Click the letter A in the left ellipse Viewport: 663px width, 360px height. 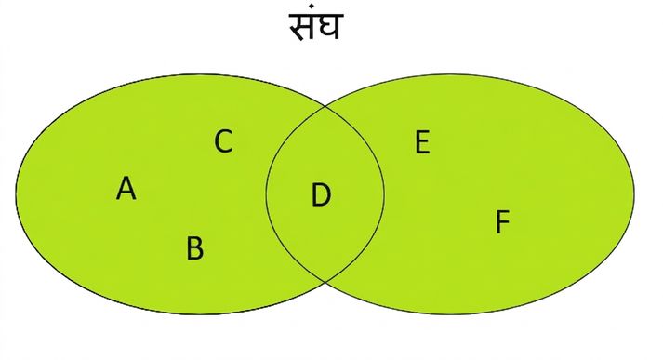[x=126, y=188]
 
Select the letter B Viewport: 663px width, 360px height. [x=195, y=247]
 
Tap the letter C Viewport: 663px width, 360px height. [x=223, y=141]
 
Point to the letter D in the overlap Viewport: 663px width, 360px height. [x=321, y=195]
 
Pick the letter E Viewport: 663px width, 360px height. [x=422, y=142]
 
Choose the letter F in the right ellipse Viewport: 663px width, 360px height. [x=502, y=221]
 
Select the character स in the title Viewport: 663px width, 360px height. [x=302, y=27]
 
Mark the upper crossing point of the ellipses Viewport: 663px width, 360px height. [x=325, y=106]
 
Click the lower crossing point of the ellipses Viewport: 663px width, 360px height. [x=325, y=281]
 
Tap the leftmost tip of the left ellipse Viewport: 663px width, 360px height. [x=16, y=194]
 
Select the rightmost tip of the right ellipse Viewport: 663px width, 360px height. [x=634, y=194]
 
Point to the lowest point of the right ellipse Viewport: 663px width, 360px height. [x=450, y=313]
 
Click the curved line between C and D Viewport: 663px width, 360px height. [x=266, y=194]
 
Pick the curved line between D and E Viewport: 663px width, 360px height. [x=384, y=194]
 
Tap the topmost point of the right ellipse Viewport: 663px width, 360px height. [x=450, y=75]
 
